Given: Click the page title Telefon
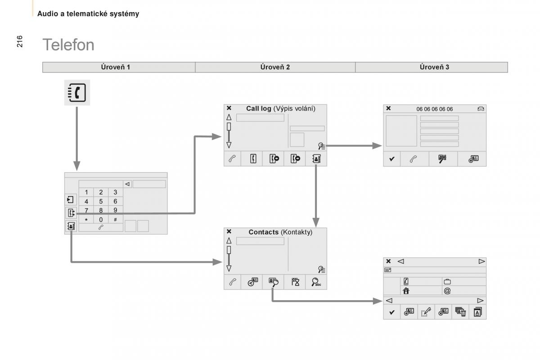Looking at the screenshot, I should pyautogui.click(x=68, y=45).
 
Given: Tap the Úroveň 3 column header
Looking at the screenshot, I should pyautogui.click(x=434, y=67).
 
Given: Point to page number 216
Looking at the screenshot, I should pyautogui.click(x=20, y=41).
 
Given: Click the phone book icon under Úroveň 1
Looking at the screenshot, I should pyautogui.click(x=77, y=92).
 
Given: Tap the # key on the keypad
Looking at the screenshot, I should pyautogui.click(x=115, y=220).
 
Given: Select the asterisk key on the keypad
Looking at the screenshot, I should pyautogui.click(x=86, y=220).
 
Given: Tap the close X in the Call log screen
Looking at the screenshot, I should pyautogui.click(x=229, y=108).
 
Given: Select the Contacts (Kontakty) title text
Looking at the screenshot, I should pyautogui.click(x=280, y=232).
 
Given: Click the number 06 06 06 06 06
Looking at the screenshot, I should pyautogui.click(x=435, y=109).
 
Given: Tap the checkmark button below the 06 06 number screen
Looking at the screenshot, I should pyautogui.click(x=391, y=159).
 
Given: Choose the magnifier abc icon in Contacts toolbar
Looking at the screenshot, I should pyautogui.click(x=316, y=282).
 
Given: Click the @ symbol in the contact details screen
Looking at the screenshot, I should pyautogui.click(x=447, y=291).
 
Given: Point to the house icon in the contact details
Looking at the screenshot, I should pyautogui.click(x=406, y=291).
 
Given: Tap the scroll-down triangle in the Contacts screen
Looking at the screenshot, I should pyautogui.click(x=229, y=268).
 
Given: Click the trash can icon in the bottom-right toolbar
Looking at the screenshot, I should pyautogui.click(x=460, y=312).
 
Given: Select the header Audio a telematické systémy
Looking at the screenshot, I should pyautogui.click(x=88, y=14).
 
